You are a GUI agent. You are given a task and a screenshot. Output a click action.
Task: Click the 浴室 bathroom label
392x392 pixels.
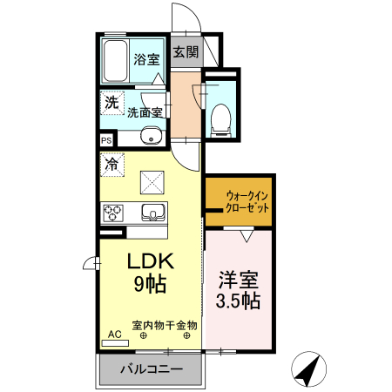(146, 60)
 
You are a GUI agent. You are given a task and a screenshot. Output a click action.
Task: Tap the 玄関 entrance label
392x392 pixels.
(185, 52)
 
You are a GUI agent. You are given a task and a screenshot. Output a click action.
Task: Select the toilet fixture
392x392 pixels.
(221, 118)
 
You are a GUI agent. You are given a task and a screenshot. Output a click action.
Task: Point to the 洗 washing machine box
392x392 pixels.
(111, 103)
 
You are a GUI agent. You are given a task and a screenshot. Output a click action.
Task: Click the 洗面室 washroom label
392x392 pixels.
(145, 112)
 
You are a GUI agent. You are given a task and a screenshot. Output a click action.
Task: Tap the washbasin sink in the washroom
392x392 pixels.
(152, 135)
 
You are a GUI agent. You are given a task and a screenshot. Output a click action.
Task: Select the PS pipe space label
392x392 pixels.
(106, 140)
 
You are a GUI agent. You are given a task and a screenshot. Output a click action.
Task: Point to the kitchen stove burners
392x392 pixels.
(117, 213)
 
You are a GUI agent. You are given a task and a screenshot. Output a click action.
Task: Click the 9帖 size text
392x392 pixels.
(151, 284)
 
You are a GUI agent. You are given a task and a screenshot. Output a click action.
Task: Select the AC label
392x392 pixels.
(115, 334)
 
